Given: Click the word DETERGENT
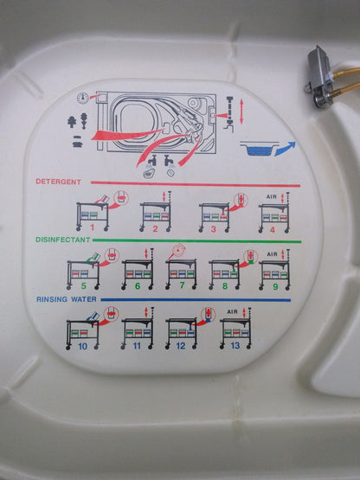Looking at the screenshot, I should pos(59,182).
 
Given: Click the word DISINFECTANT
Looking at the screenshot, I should pos(62,240).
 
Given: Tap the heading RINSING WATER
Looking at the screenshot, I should pos(66,298).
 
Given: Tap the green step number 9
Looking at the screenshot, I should pos(274,285).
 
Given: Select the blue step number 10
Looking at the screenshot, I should pos(81,344).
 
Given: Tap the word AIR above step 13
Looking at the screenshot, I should pos(232,310).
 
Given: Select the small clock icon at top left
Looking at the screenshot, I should pos(82,98).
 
